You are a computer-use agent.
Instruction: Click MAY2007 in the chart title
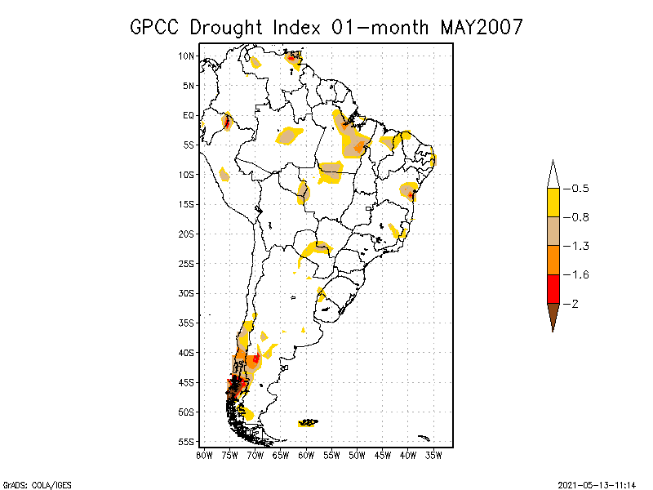coord(481,27)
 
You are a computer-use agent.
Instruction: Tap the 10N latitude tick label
coord(187,56)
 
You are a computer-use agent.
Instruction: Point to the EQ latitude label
coord(189,115)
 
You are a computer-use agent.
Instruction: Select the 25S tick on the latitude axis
coord(187,263)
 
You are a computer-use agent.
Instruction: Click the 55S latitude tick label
coord(187,441)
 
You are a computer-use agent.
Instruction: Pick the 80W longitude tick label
coord(204,454)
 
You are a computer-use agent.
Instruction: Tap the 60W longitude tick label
coord(306,454)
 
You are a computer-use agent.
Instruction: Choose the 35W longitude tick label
coord(433,454)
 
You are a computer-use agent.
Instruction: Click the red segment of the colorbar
coord(553,288)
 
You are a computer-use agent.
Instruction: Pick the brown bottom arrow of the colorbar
coord(553,316)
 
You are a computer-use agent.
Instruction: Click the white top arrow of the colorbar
coord(553,174)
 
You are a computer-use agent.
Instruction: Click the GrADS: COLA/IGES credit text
coord(29,483)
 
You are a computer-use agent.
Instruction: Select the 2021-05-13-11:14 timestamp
coord(596,483)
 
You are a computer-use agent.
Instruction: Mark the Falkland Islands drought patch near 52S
coord(309,422)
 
